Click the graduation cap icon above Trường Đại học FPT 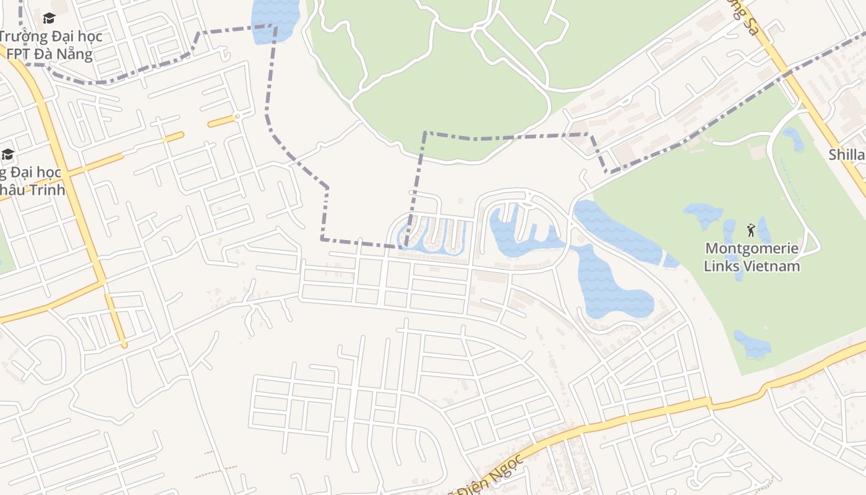tap(49, 18)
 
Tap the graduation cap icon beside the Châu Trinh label tap(7, 154)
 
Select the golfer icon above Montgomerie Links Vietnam tap(751, 230)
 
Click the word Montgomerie tap(752, 249)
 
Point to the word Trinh tap(46, 189)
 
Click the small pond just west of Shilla tap(793, 138)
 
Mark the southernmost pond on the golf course tap(753, 344)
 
